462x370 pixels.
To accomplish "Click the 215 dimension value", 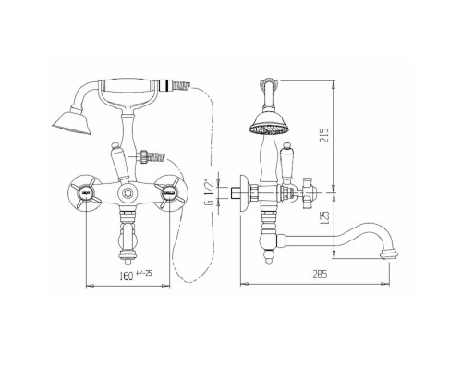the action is pyautogui.click(x=325, y=134).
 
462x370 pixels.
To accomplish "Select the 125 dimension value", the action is pyautogui.click(x=325, y=217).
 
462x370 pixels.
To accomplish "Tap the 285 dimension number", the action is pyautogui.click(x=320, y=274).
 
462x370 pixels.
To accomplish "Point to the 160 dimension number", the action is pyautogui.click(x=127, y=276).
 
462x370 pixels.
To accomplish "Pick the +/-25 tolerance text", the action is pyautogui.click(x=144, y=273).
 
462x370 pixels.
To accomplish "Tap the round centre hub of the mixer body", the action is pyautogui.click(x=127, y=193).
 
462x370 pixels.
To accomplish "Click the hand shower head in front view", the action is pyautogui.click(x=73, y=122).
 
